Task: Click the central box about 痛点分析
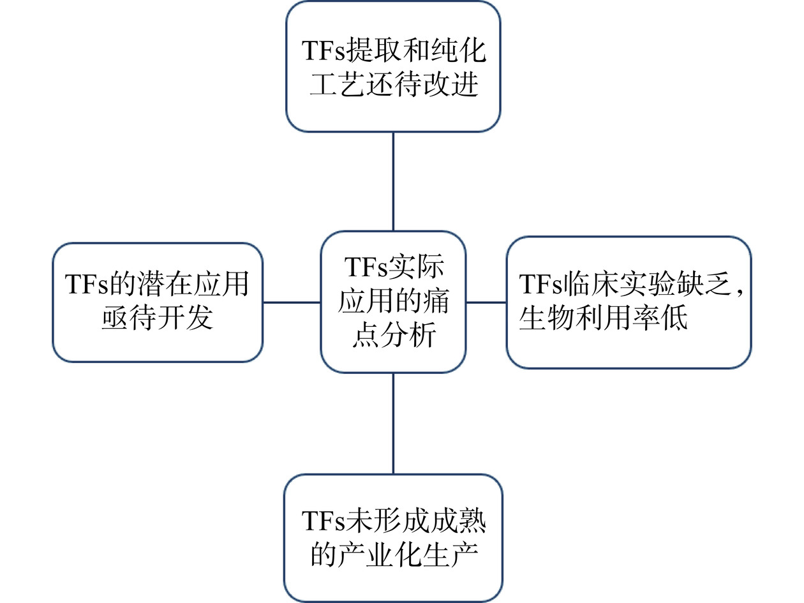(393, 302)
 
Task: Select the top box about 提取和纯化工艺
(393, 67)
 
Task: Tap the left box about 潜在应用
(158, 302)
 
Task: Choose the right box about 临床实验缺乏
(629, 302)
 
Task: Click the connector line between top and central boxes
(393, 181)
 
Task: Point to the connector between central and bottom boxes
(393, 423)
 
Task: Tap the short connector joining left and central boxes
(292, 302)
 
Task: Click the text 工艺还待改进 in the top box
(394, 84)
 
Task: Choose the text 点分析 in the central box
(393, 335)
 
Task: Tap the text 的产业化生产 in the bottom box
(394, 555)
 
